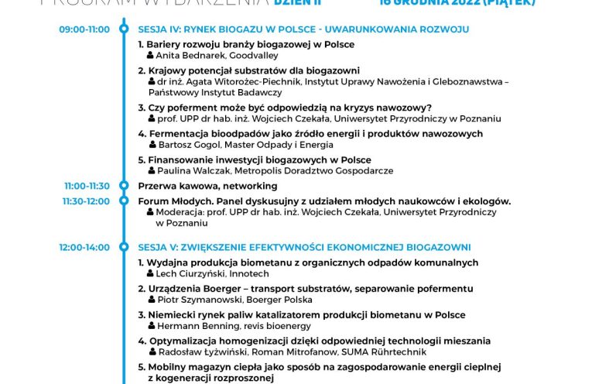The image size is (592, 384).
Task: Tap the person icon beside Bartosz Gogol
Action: pyautogui.click(x=152, y=145)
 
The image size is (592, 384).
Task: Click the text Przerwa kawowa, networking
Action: pyautogui.click(x=207, y=186)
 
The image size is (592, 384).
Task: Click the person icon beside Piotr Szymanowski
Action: pyautogui.click(x=152, y=300)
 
